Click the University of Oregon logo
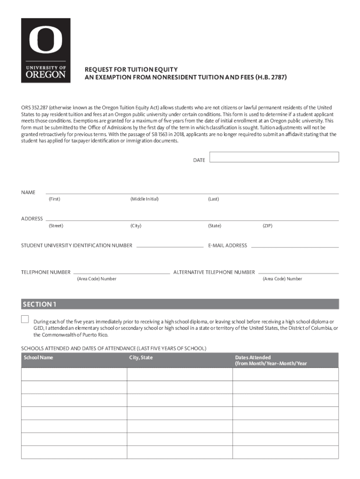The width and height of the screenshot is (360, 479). pos(46,51)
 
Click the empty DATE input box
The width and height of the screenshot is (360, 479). pos(274,157)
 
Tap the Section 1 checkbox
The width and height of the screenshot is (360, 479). pos(25,319)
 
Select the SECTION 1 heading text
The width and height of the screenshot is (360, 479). pos(40,305)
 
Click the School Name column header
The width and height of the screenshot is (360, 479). pos(38,358)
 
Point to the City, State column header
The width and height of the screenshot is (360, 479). pos(141,358)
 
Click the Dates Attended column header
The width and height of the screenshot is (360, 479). pos(271,361)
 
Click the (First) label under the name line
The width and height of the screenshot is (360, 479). pos(54,199)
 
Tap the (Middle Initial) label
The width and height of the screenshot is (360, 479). pos(144,199)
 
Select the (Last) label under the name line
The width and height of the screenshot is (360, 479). pos(213,199)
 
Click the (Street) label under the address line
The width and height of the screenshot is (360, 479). pos(56,226)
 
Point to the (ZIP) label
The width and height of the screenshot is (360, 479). pos(267,226)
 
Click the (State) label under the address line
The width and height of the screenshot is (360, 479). pos(215,226)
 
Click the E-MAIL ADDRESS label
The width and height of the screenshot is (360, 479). pos(228,246)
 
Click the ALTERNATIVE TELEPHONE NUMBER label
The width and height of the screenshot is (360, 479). pos(214,272)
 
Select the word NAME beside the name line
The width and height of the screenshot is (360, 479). pos(28,193)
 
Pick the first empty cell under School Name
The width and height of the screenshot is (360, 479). pos(74,374)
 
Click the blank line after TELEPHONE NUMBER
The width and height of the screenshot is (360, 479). pos(122,273)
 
